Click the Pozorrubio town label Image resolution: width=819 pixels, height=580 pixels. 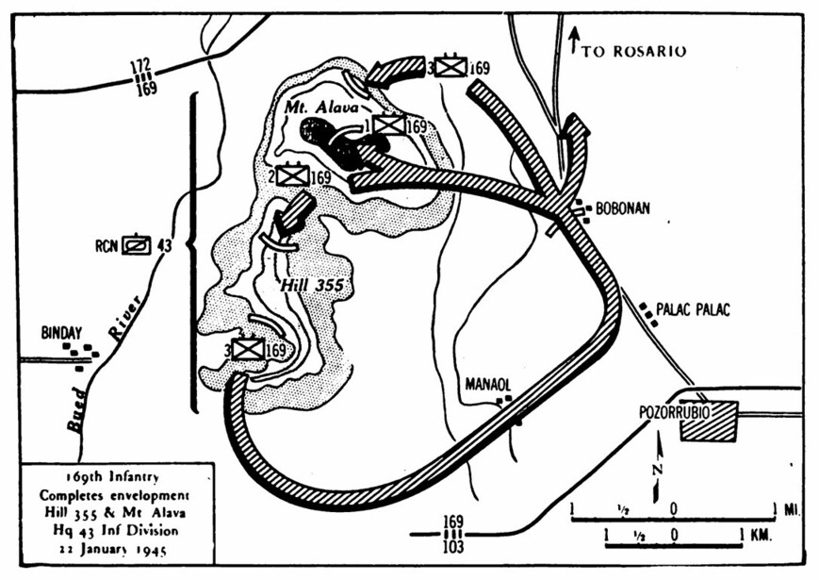(674, 413)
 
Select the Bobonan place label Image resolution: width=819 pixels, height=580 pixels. (623, 208)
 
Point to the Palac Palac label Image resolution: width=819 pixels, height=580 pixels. (693, 310)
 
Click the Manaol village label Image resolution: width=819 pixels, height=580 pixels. (487, 385)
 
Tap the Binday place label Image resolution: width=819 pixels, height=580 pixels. (61, 333)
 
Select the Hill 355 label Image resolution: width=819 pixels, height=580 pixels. (312, 286)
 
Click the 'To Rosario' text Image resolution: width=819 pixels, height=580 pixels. (634, 51)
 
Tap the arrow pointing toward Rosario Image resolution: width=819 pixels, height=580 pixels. (574, 41)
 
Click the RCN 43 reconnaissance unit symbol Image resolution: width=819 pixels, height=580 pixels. (137, 245)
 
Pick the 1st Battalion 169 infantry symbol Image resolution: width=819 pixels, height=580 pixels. (389, 124)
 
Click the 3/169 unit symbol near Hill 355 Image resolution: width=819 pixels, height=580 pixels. (249, 349)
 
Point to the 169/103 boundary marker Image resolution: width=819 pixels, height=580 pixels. (452, 534)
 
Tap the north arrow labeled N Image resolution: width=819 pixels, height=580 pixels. (658, 465)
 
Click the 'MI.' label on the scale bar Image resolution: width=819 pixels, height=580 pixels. (792, 509)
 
